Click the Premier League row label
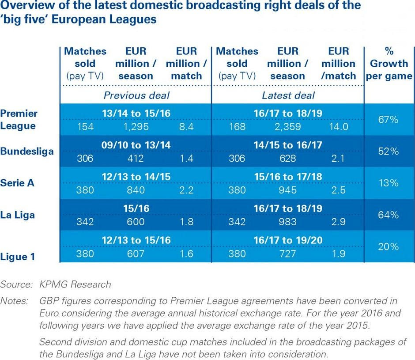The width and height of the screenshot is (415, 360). point(19,119)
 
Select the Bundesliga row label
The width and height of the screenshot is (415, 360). point(27,151)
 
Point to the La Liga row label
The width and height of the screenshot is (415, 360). point(18,215)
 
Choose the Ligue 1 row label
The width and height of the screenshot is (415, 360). point(18,256)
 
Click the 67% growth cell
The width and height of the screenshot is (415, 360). point(389,120)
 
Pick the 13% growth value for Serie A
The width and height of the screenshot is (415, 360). point(389,183)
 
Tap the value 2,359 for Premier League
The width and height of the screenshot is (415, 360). point(288,126)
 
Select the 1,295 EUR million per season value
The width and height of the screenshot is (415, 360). point(136,126)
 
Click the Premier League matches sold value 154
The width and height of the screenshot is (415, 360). point(85,126)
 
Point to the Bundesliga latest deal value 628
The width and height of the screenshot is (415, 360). point(288,158)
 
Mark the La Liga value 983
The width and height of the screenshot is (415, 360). point(288,222)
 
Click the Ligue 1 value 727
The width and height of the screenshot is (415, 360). point(288,254)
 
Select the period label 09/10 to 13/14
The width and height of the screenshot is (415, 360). point(136,145)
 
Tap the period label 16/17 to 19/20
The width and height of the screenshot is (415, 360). point(288,240)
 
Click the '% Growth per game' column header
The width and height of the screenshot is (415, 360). point(389,63)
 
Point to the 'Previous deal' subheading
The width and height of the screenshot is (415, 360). point(136,95)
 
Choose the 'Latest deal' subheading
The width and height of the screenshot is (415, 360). point(288,95)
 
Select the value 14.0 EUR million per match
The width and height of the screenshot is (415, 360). point(338,126)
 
